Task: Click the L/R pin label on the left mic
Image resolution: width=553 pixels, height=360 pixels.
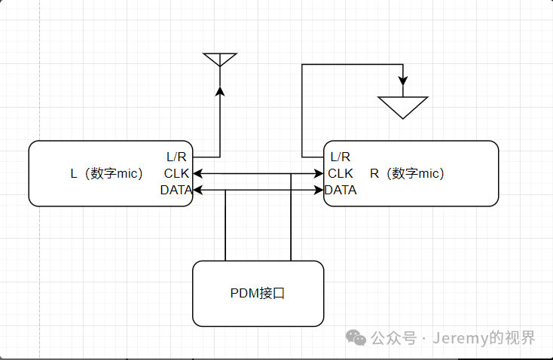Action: click(x=176, y=157)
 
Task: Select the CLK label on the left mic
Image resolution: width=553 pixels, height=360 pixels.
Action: click(x=177, y=173)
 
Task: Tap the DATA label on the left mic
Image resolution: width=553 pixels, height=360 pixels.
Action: click(x=176, y=190)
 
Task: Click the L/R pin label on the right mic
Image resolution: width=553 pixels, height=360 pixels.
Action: click(x=341, y=157)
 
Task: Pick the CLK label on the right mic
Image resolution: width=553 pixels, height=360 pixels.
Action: click(x=340, y=173)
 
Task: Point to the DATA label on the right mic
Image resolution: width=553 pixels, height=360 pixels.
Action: click(x=341, y=190)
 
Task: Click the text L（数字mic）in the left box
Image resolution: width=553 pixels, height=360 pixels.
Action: click(x=106, y=173)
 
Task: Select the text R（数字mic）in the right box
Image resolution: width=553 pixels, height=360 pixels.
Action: click(x=407, y=173)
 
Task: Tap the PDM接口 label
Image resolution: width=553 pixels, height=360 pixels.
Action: click(x=258, y=294)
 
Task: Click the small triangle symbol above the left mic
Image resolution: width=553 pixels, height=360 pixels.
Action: click(x=220, y=59)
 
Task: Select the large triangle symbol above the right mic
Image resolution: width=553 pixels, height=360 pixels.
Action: click(x=403, y=106)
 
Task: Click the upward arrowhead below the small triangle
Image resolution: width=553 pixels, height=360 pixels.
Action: click(x=220, y=91)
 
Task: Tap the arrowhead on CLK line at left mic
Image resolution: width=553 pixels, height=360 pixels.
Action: click(x=198, y=174)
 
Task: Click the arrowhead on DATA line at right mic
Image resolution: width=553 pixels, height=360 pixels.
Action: click(x=319, y=190)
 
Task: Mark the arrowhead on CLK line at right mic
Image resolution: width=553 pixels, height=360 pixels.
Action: click(x=319, y=174)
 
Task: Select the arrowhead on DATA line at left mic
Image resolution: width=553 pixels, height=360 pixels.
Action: click(x=198, y=190)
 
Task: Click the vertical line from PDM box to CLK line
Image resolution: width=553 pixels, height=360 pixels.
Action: click(x=291, y=218)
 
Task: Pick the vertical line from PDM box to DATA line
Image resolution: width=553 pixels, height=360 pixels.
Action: click(x=225, y=226)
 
